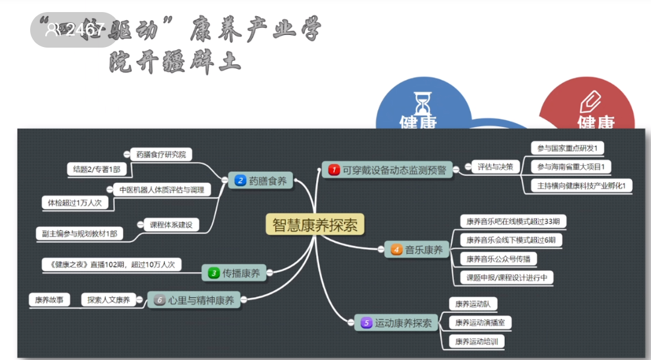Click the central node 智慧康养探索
[314, 225]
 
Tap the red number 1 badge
[334, 170]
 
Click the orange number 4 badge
[396, 249]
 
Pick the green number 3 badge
[214, 273]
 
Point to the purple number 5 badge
[366, 323]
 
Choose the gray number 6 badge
[159, 300]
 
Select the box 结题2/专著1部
[97, 169]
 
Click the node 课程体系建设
[171, 225]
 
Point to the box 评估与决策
[495, 166]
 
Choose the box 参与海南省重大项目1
[571, 166]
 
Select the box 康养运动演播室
[480, 323]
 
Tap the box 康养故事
[49, 299]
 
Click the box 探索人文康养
[109, 299]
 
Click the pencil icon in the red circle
[589, 101]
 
